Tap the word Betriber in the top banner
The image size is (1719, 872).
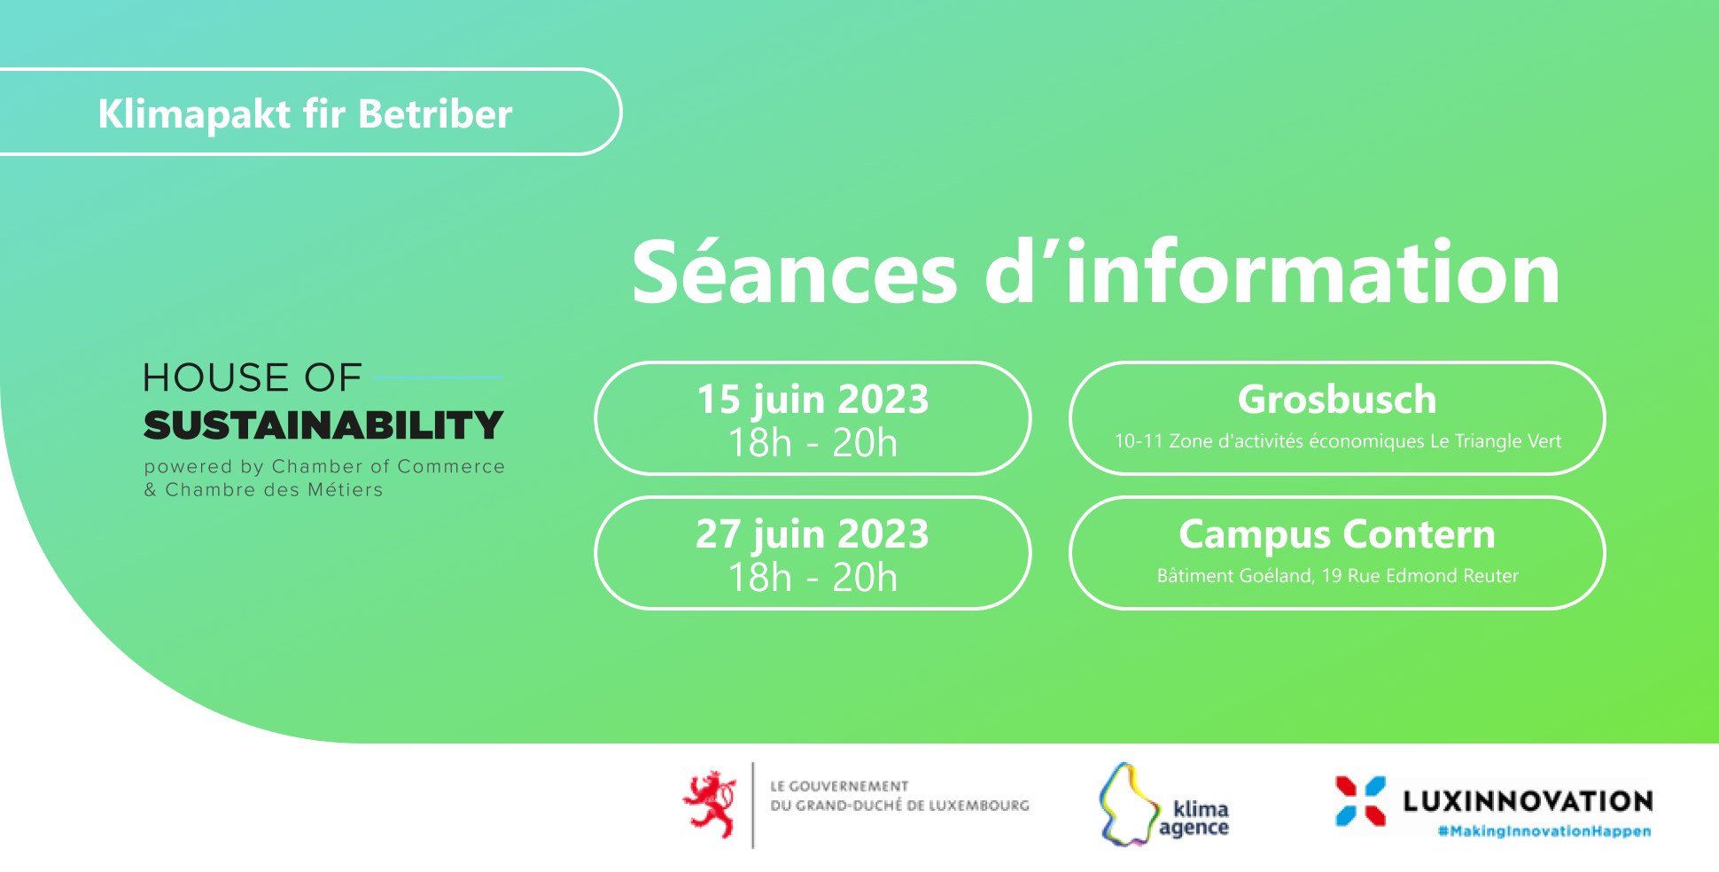tap(435, 114)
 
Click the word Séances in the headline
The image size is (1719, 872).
tap(795, 272)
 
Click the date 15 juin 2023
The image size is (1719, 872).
tap(813, 400)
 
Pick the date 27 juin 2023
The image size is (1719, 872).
tap(813, 534)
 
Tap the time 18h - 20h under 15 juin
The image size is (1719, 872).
tap(813, 442)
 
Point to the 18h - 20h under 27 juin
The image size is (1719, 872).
tap(813, 577)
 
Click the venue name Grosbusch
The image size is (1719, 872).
tap(1337, 400)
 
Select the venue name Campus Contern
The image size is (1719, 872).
tap(1337, 534)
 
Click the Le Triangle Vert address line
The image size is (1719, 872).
tap(1338, 441)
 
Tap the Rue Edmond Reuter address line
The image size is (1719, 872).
tap(1338, 576)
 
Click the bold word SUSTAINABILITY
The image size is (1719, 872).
tap(323, 425)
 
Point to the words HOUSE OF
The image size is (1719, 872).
tap(253, 378)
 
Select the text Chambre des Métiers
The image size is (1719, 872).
tap(274, 490)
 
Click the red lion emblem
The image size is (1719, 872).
tap(711, 804)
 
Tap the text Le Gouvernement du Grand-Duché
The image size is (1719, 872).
tap(899, 796)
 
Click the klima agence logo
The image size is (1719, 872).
tap(1163, 805)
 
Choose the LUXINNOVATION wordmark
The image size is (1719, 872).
tap(1528, 802)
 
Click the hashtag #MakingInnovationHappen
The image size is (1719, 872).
tap(1544, 831)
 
